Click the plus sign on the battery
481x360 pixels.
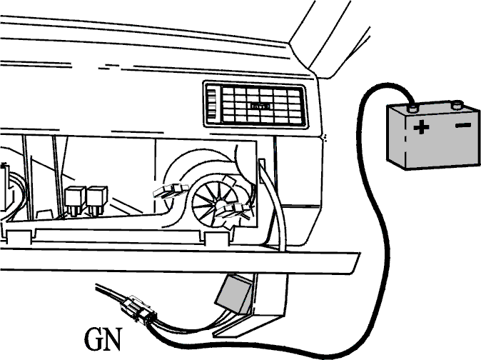point(421,126)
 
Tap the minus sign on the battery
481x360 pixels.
point(463,125)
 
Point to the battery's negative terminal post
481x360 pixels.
point(457,105)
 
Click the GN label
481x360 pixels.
point(103,339)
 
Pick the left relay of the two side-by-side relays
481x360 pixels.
point(75,200)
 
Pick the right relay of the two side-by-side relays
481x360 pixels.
point(97,200)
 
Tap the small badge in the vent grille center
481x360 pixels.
point(260,106)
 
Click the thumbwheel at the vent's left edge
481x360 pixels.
point(211,105)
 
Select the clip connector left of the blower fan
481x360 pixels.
point(170,191)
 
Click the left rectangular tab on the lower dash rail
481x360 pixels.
point(19,237)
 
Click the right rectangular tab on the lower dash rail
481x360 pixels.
point(216,239)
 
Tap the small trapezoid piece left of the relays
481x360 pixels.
point(45,214)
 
